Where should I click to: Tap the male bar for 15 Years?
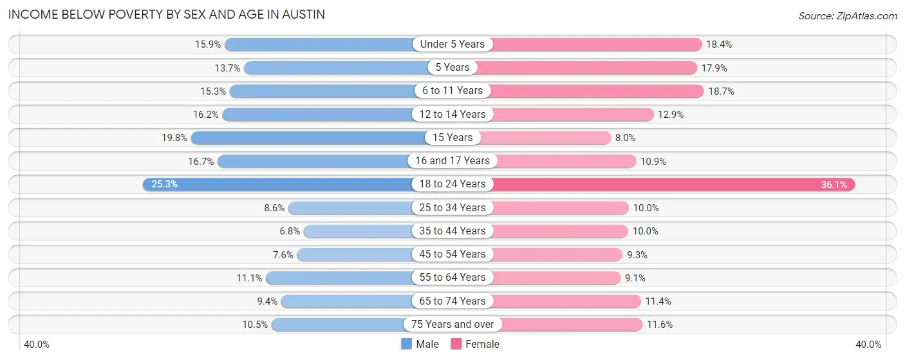coord(309,137)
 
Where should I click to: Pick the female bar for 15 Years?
coord(544,137)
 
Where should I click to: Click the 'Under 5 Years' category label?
coord(452,44)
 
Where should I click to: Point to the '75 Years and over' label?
coord(452,324)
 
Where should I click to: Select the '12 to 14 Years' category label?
coord(452,114)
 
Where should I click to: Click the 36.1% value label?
coord(835,184)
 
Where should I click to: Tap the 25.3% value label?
coord(164,184)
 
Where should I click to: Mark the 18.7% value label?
coord(721,91)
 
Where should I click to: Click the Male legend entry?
coord(420,344)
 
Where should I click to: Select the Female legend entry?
coord(475,344)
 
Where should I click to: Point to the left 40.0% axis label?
coord(37,345)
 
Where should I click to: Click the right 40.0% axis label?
coord(868,345)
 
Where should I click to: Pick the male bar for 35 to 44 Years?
coord(357,231)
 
